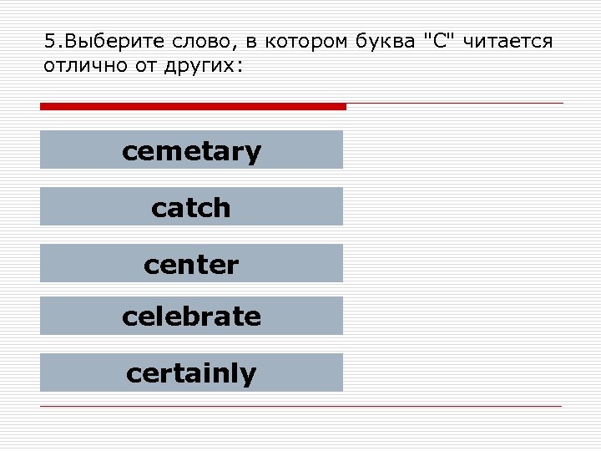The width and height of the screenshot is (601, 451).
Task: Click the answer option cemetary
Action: [191, 150]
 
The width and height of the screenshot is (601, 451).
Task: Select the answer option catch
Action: [191, 207]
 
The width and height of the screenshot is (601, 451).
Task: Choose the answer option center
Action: [191, 264]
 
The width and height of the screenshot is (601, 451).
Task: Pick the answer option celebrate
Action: [191, 317]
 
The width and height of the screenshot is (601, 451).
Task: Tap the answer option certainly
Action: [191, 372]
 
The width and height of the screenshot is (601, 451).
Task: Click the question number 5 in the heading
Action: [48, 42]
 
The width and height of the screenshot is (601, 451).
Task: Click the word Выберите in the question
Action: [98, 42]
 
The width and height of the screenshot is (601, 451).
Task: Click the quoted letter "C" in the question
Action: [441, 42]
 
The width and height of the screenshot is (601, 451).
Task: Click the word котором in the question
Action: [300, 42]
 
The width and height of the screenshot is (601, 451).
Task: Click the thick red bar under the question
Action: [192, 107]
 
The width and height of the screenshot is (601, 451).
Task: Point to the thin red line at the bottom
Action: [300, 406]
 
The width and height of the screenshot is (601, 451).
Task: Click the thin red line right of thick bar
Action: [455, 104]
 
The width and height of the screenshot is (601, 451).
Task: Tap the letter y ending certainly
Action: [249, 375]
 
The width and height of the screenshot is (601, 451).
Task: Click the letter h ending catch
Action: [222, 206]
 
